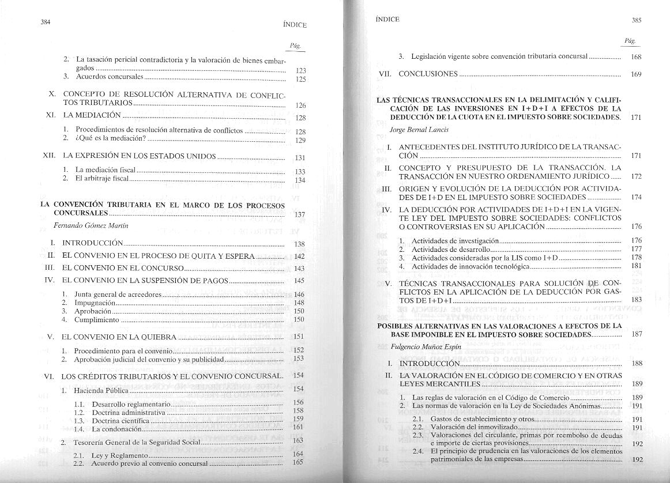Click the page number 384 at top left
tap(46, 22)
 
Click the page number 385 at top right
tap(637, 20)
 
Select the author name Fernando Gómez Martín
tap(91, 225)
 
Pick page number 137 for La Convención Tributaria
tap(299, 215)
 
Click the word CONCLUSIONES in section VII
tap(428, 74)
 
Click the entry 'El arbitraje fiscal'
tap(102, 179)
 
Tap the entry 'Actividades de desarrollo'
tap(450, 249)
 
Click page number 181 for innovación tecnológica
tap(637, 266)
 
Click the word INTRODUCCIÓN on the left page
tap(92, 243)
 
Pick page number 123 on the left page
tap(300, 70)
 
